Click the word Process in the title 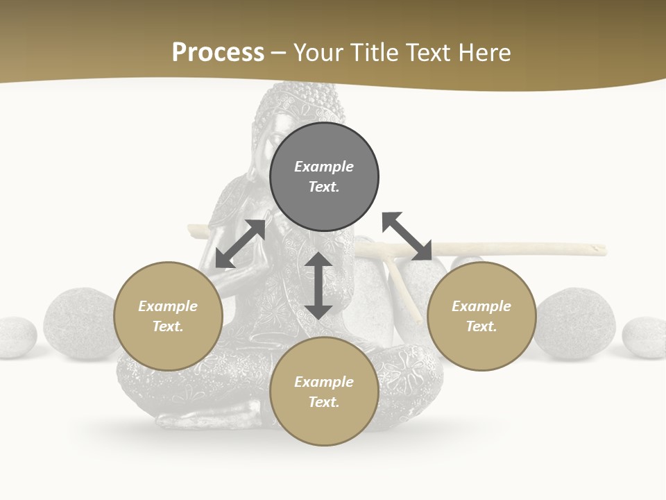click(218, 53)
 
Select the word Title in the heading click(373, 53)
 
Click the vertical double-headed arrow click(318, 285)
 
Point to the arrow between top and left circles click(240, 244)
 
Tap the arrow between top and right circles click(407, 236)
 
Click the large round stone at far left click(78, 324)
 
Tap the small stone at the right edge click(644, 337)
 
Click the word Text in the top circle click(324, 187)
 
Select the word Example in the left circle click(168, 306)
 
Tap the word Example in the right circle click(481, 306)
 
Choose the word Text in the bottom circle click(324, 402)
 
